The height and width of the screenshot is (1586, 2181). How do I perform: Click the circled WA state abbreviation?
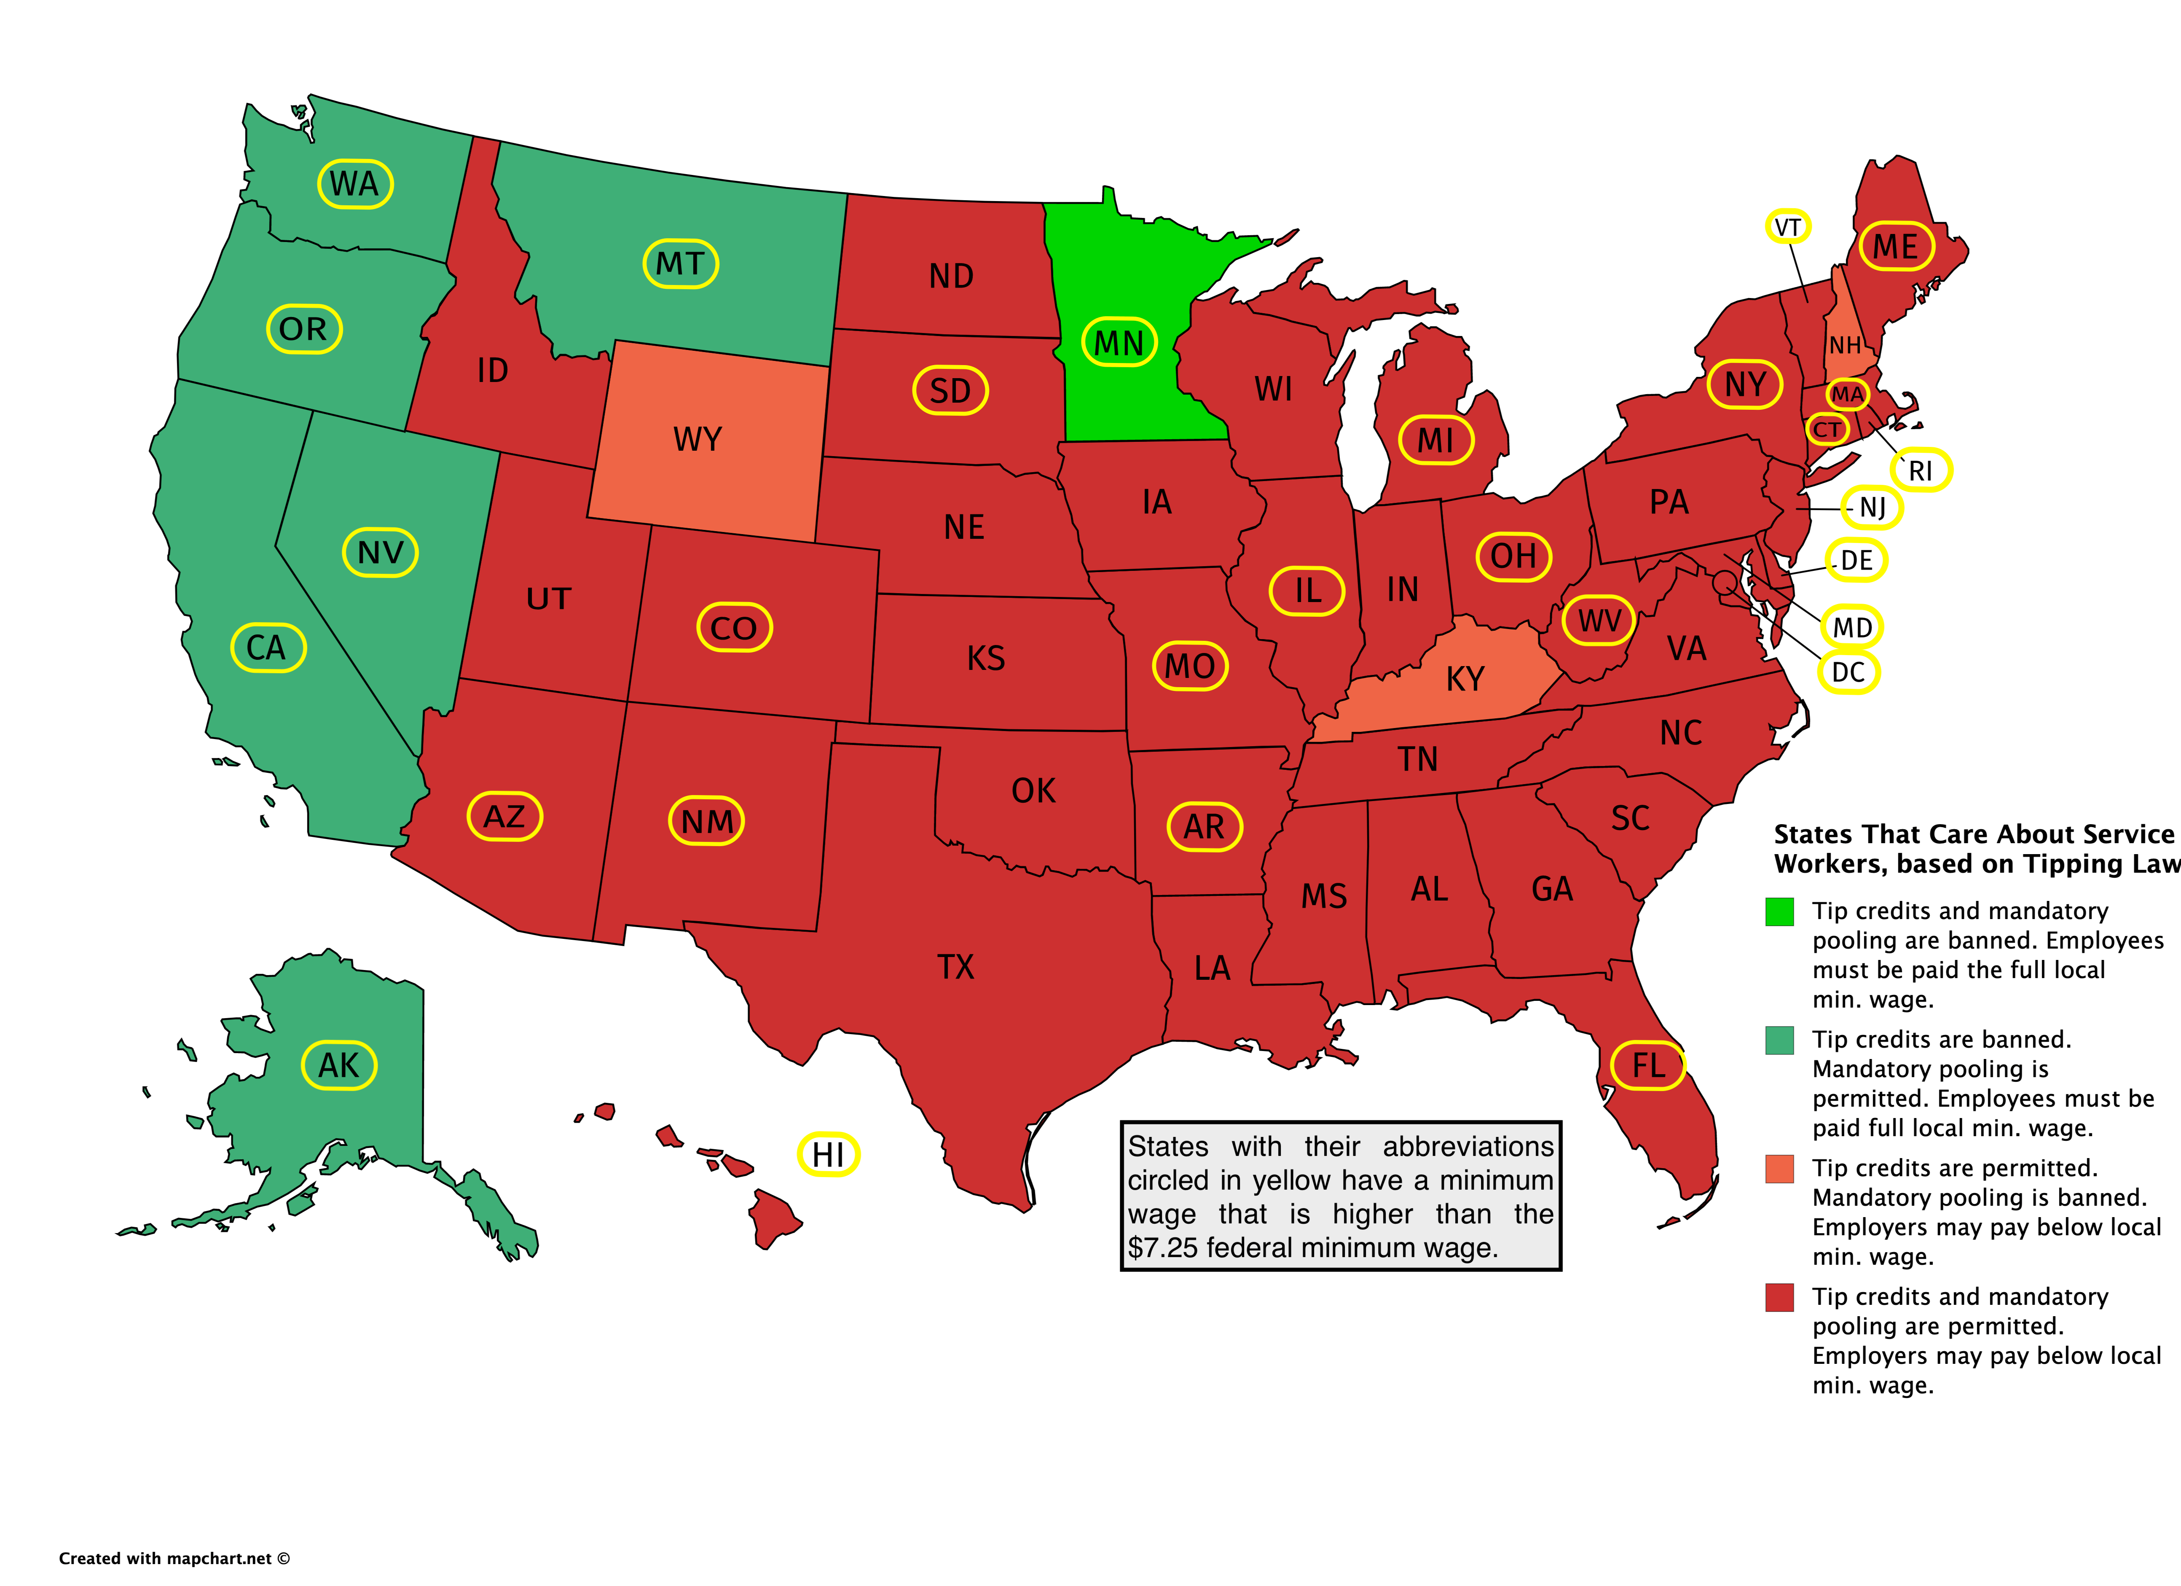click(355, 184)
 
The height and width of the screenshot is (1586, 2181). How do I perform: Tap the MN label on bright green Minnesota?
click(1119, 342)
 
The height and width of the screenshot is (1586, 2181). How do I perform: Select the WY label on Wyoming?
click(697, 440)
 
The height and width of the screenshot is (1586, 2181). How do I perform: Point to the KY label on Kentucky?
click(1465, 679)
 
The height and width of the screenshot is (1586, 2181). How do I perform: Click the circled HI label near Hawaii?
click(828, 1154)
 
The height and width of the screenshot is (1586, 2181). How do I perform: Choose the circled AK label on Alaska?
click(338, 1065)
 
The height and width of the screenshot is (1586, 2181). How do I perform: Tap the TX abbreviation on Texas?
click(956, 967)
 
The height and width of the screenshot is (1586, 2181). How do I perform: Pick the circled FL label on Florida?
click(1647, 1065)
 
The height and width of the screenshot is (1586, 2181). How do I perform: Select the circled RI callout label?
click(1921, 470)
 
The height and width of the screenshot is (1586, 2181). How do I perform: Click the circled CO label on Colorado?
click(734, 628)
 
